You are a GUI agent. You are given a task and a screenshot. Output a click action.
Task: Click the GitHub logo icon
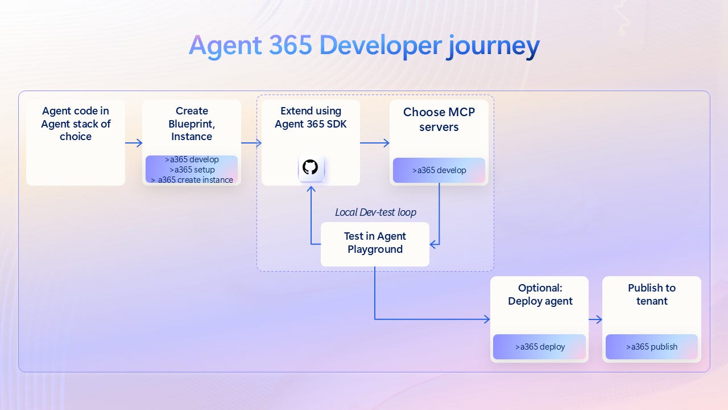tap(311, 167)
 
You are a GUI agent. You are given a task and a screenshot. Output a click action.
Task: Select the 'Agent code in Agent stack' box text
tap(76, 124)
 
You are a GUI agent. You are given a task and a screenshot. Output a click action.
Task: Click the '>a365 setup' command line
tap(192, 170)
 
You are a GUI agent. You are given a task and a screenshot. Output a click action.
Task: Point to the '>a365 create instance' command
tap(192, 180)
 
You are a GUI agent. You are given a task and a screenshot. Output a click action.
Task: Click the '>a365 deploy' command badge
tap(540, 347)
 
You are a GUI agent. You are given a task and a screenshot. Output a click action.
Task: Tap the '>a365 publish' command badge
tap(652, 347)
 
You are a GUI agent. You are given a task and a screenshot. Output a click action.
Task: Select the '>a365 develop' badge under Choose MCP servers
tap(439, 170)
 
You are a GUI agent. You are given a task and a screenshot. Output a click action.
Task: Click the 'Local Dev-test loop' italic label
tap(375, 212)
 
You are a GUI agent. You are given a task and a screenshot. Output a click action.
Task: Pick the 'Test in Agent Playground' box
tap(375, 243)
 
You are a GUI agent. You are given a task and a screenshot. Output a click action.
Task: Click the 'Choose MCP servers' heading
tap(439, 120)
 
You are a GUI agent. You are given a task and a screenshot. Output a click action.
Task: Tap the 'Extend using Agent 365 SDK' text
tap(311, 117)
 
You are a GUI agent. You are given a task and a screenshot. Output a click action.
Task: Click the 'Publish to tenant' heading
tap(652, 294)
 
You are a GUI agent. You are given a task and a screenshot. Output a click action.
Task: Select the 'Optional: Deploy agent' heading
tap(540, 294)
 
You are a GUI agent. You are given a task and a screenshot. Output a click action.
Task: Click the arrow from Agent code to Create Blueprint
tap(134, 143)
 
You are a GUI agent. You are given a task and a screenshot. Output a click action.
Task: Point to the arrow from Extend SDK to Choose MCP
tap(375, 143)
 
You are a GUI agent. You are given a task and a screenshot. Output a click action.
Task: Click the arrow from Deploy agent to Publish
tap(595, 320)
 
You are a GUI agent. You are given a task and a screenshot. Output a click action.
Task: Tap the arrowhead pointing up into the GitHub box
tap(311, 190)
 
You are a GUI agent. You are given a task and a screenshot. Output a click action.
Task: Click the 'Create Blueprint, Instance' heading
tap(192, 124)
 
